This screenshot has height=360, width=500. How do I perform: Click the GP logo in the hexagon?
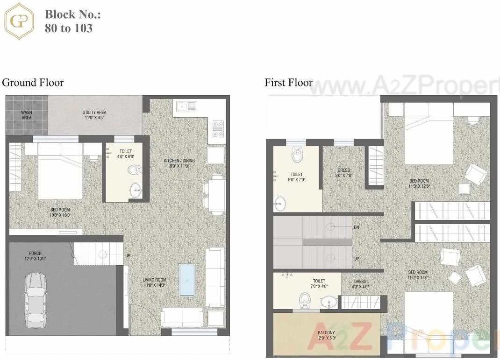[19, 21]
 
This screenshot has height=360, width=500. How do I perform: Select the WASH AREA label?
[27, 115]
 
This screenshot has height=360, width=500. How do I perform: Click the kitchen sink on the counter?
[186, 107]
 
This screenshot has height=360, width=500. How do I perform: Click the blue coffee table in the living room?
[187, 279]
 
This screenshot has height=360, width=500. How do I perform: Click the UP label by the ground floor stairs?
[128, 256]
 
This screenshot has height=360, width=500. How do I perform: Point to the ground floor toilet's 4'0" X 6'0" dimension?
[125, 156]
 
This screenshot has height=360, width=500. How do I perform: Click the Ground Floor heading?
[33, 83]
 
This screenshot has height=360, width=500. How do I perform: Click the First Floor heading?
[288, 83]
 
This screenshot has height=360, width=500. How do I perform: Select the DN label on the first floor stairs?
[357, 227]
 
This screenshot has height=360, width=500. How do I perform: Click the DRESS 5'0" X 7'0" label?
[343, 173]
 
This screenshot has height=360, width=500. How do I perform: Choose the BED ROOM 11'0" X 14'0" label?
[418, 275]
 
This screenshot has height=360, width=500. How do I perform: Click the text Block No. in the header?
[73, 14]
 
